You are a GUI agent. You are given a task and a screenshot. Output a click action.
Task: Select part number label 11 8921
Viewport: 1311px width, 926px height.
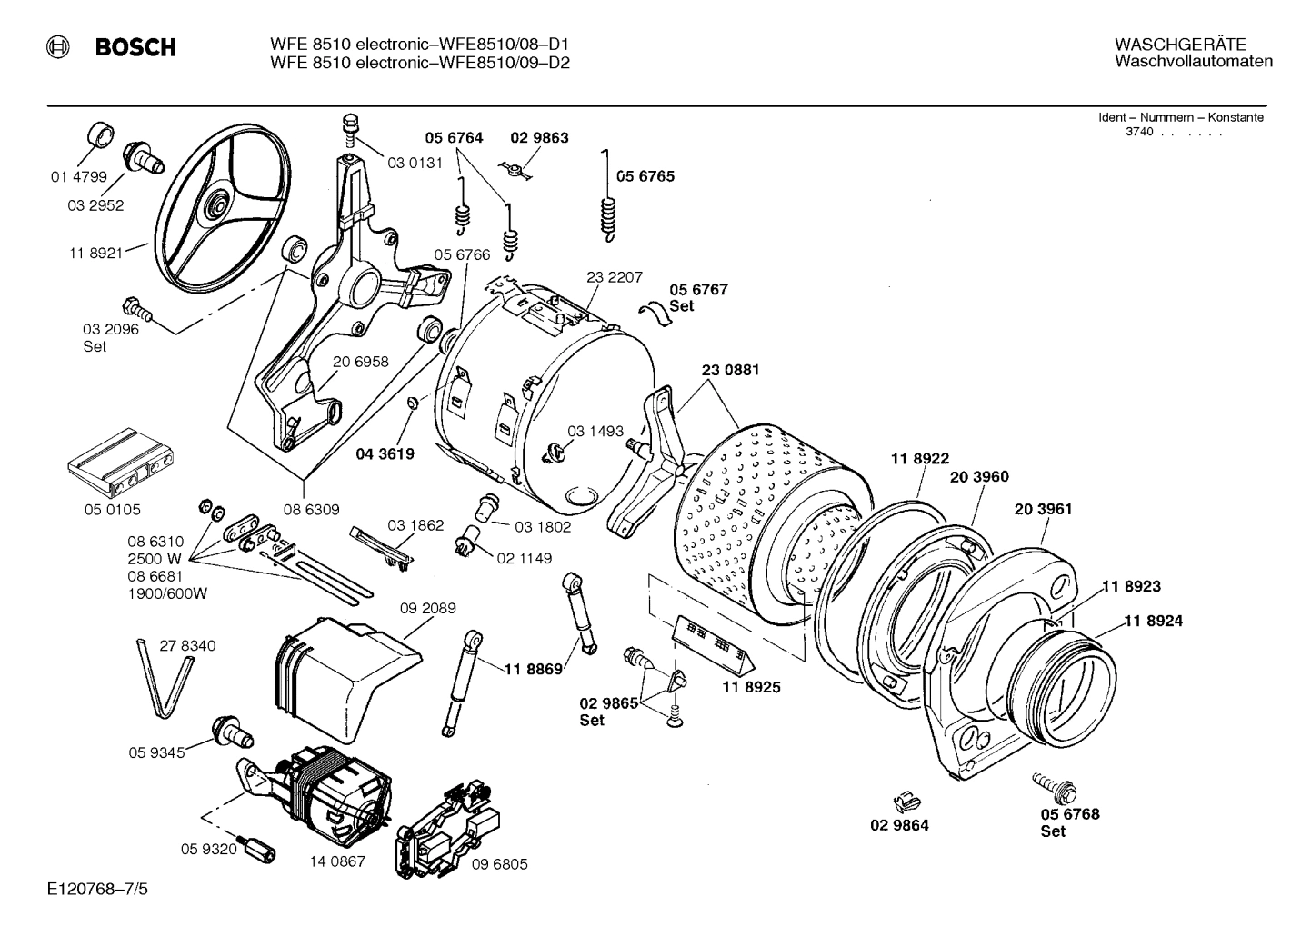[95, 254]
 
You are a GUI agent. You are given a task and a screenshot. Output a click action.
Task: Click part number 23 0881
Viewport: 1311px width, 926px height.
[730, 370]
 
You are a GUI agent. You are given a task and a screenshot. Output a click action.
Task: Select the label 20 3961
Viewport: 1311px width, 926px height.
[1043, 509]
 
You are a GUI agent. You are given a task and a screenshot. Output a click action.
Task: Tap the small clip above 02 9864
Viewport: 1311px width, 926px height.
[903, 801]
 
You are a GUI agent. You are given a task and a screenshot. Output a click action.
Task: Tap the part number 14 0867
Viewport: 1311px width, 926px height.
[336, 861]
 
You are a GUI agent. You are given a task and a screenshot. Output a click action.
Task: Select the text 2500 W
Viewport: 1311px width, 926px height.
[155, 558]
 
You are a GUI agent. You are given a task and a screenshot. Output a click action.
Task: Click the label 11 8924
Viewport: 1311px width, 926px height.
[1153, 621]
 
